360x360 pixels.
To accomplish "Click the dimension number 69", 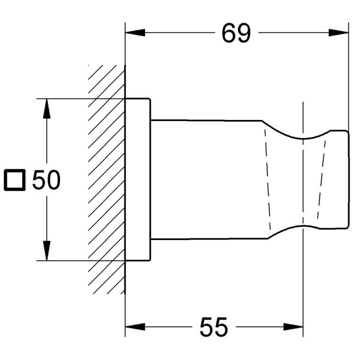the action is pyautogui.click(x=236, y=33).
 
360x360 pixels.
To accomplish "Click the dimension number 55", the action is pyautogui.click(x=214, y=327).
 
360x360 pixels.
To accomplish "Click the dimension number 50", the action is pyautogui.click(x=46, y=180).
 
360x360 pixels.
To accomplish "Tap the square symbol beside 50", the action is pyautogui.click(x=15, y=180).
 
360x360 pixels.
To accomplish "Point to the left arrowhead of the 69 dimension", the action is pyautogui.click(x=135, y=33).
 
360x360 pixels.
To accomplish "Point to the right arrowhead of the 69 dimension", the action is pyautogui.click(x=339, y=33).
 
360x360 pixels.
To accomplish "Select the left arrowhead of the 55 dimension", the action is pyautogui.click(x=135, y=327).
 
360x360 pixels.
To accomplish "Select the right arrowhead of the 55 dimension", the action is pyautogui.click(x=293, y=327).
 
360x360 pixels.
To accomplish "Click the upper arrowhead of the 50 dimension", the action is pyautogui.click(x=47, y=109).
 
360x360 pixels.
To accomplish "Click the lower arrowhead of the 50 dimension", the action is pyautogui.click(x=47, y=251).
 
